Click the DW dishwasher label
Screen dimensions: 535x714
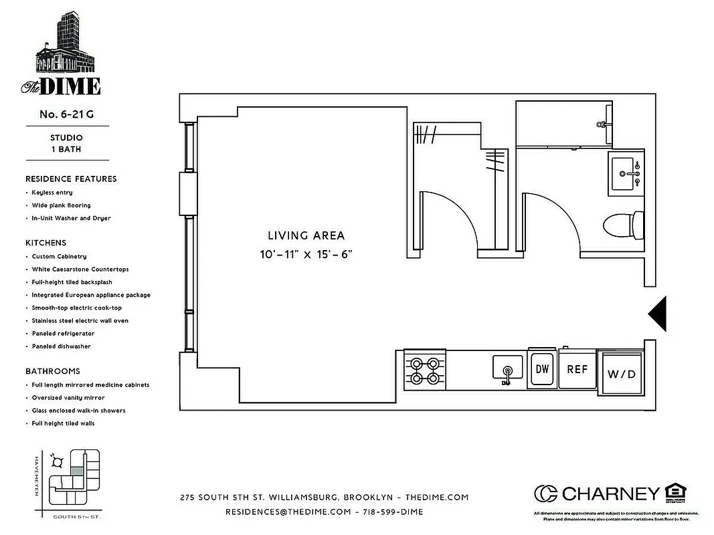[542, 369]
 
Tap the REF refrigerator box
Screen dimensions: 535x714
[577, 369]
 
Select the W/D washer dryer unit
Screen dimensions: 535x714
[621, 373]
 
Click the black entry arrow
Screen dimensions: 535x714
[659, 313]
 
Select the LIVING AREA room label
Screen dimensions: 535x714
[306, 235]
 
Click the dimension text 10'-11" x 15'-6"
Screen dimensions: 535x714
[306, 254]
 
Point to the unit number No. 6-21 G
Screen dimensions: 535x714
[66, 114]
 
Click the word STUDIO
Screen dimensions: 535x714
[66, 138]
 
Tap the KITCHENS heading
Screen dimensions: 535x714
[46, 243]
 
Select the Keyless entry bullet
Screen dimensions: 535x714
[52, 193]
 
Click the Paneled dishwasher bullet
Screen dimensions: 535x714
[61, 346]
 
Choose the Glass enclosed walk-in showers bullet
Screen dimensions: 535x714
[78, 411]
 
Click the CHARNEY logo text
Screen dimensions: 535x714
[610, 494]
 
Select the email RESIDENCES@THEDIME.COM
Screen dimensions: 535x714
[288, 512]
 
